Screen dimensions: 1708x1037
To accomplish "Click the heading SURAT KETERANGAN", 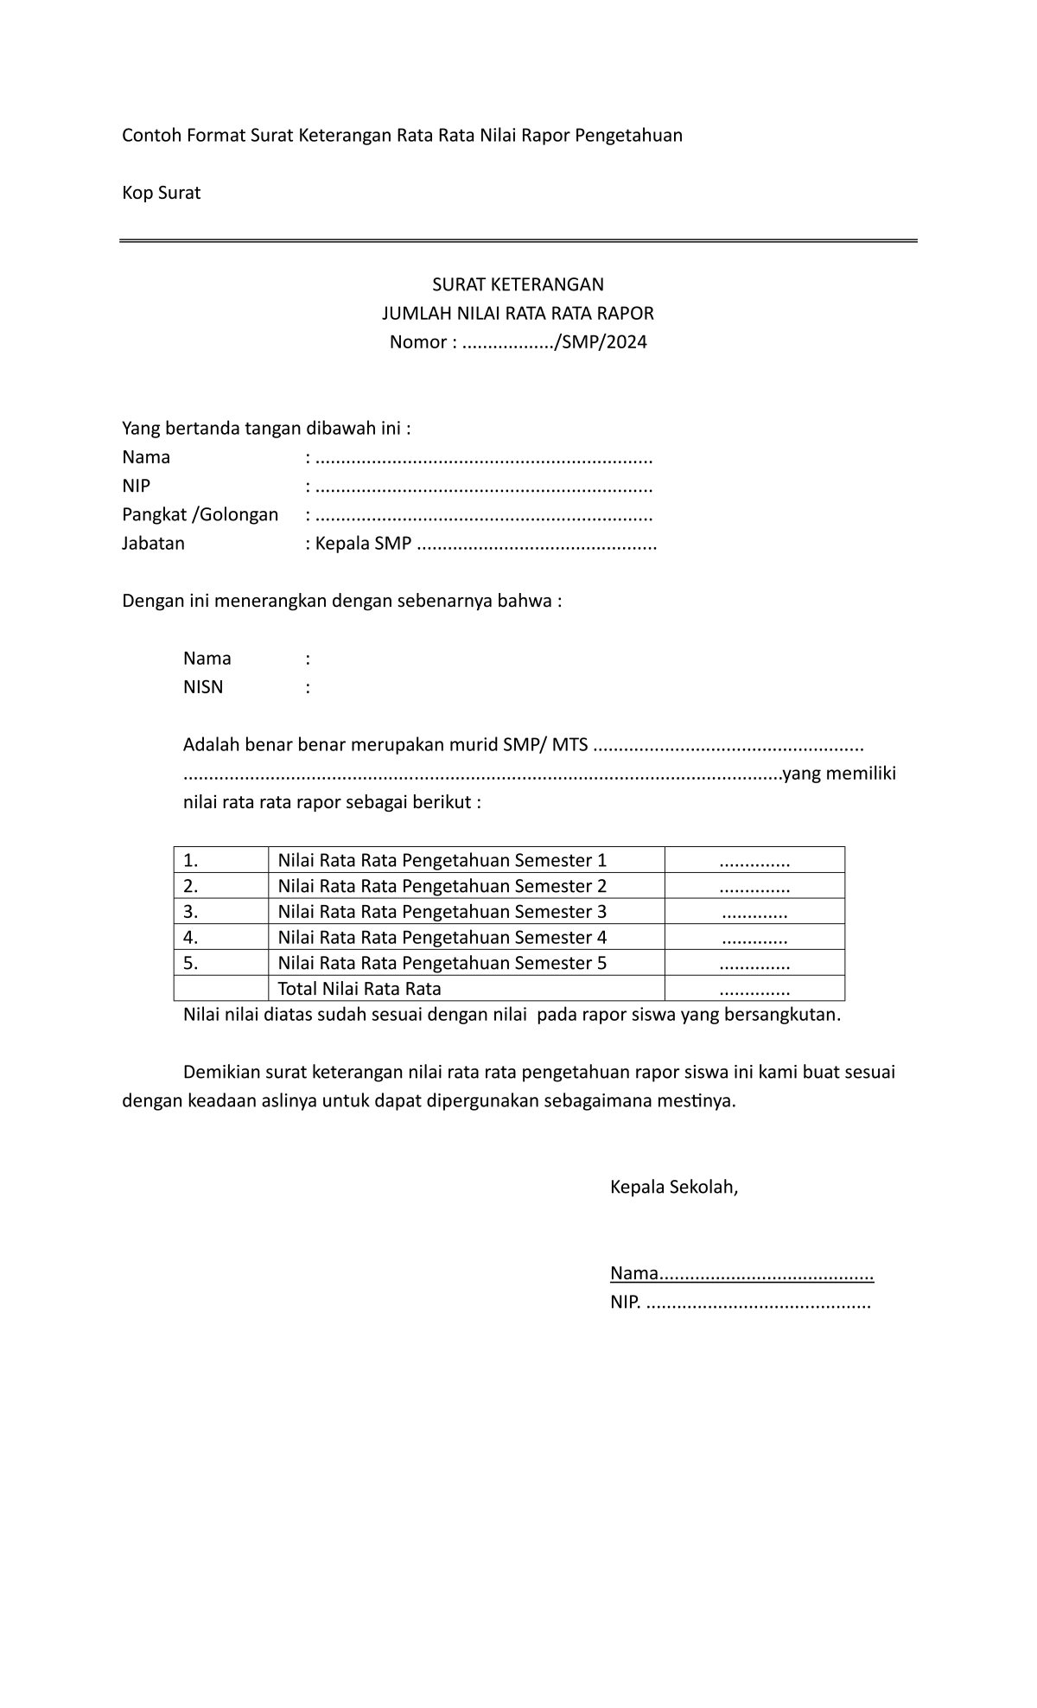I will tap(518, 284).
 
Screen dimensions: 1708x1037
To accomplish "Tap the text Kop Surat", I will tap(161, 193).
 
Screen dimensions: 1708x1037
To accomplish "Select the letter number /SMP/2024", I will tap(602, 341).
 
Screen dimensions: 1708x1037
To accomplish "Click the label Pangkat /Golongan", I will tap(200, 515).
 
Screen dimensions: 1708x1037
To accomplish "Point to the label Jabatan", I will tap(153, 544).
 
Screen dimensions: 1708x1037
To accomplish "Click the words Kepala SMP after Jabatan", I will tap(363, 544).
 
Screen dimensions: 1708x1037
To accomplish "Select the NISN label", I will tap(203, 687).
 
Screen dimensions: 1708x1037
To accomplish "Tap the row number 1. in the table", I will tap(191, 860).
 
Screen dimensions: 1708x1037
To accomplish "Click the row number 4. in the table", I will tap(191, 937).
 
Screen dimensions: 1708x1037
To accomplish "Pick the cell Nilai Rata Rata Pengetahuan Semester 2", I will tap(442, 886).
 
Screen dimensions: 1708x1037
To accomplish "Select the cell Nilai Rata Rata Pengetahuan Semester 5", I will tap(442, 963).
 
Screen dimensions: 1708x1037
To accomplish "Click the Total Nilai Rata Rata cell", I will tap(359, 989).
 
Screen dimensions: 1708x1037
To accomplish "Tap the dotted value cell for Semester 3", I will tap(754, 912).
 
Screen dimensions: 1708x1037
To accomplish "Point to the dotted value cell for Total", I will tap(754, 990).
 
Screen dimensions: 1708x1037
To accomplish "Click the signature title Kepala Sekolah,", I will tap(674, 1187).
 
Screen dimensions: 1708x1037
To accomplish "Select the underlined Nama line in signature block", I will tap(741, 1273).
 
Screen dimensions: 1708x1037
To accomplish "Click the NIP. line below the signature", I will tap(741, 1303).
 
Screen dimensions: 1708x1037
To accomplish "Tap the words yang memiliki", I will tap(839, 774).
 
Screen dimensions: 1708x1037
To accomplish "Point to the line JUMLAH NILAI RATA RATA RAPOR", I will tap(518, 313).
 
